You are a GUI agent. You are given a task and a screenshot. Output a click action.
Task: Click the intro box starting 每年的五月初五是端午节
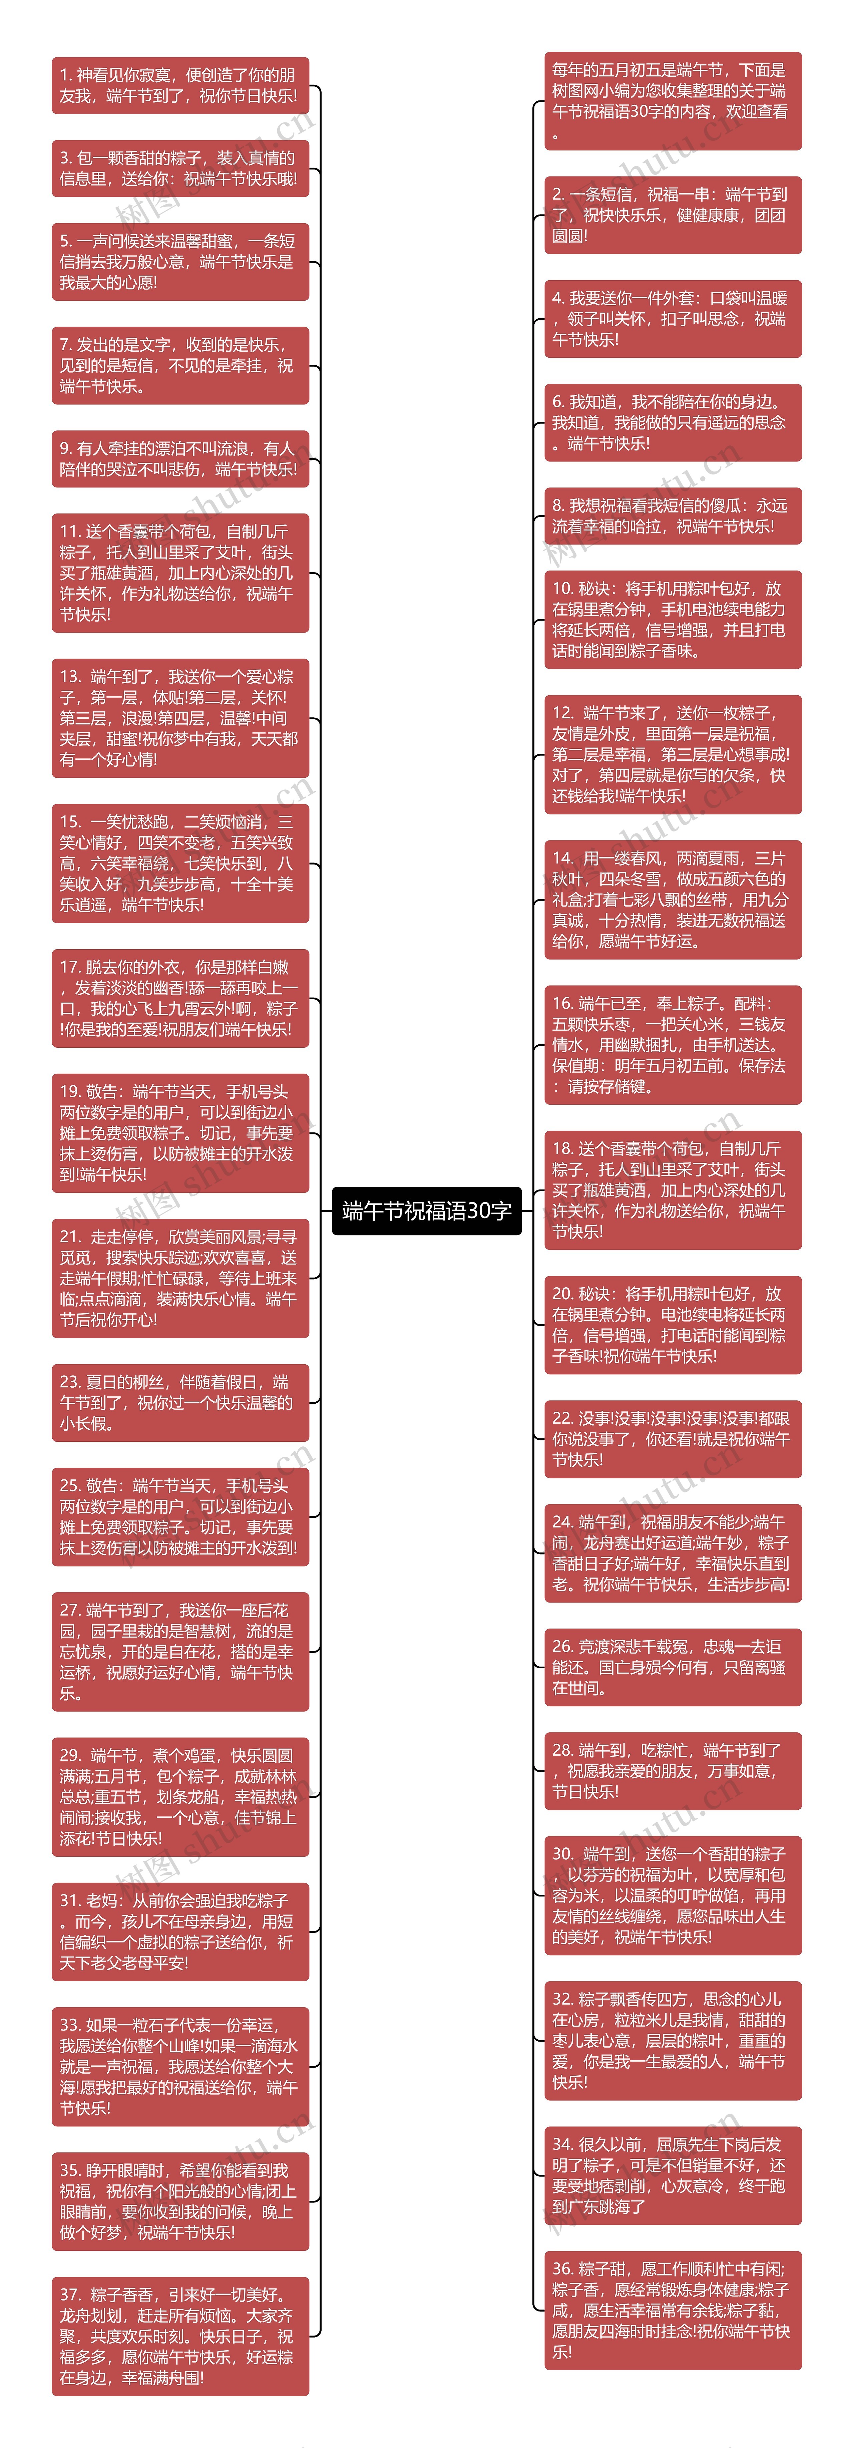click(673, 101)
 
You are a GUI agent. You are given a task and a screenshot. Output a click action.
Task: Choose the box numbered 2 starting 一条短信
click(673, 215)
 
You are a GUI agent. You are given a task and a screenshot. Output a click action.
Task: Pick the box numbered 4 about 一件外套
click(673, 318)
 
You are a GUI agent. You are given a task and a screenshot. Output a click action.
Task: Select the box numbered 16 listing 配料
click(673, 1044)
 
